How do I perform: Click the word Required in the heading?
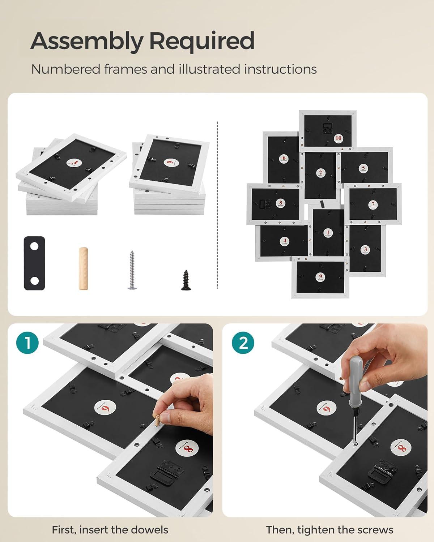tap(202, 42)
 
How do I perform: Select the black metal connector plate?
tap(35, 263)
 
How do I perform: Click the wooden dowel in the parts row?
tap(83, 268)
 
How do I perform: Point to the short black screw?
tap(186, 280)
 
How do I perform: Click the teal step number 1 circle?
tap(27, 343)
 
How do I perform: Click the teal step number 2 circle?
tap(243, 343)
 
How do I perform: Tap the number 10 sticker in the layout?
tap(338, 138)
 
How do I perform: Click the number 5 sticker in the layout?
tap(363, 168)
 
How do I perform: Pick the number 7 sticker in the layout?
tap(373, 204)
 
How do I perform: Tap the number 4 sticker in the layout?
tap(285, 241)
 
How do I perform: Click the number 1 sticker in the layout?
tap(328, 233)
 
